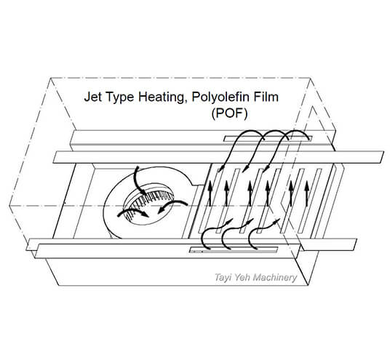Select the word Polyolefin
click(220, 97)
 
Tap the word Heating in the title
click(162, 97)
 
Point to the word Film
click(266, 97)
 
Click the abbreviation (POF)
click(230, 114)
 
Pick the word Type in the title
click(120, 97)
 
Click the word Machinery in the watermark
click(276, 277)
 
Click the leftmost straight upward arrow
click(210, 193)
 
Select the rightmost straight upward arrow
click(307, 193)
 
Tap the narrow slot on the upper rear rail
click(268, 138)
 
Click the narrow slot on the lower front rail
click(234, 250)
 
